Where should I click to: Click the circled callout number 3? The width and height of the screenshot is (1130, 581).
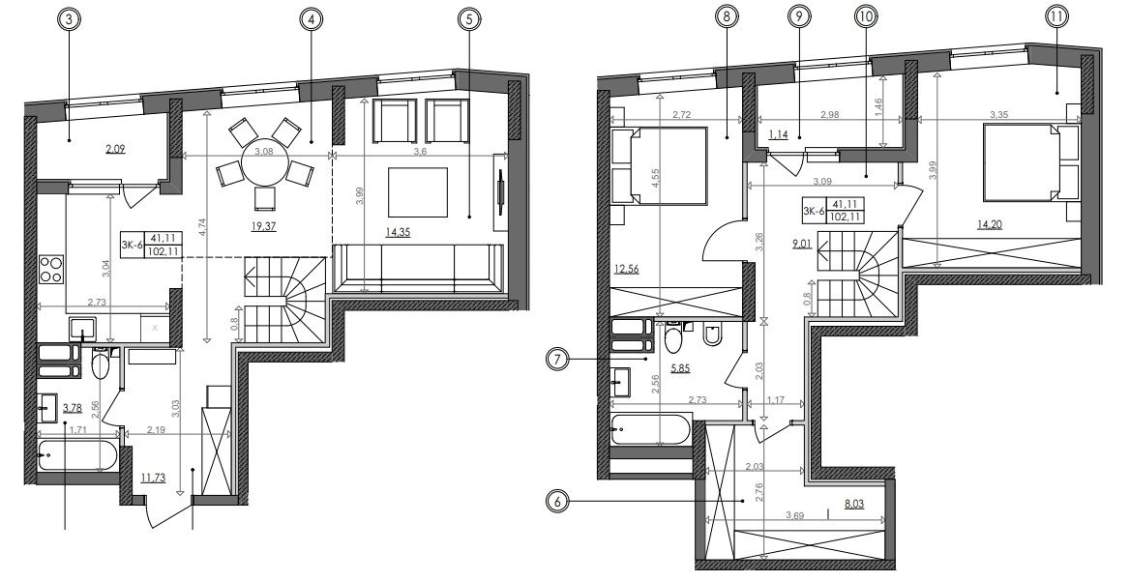69,20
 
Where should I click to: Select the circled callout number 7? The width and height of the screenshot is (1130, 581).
558,359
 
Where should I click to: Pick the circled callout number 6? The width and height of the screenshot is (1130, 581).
558,502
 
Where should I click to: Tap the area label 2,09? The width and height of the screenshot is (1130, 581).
114,150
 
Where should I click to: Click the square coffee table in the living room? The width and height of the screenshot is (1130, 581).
418,191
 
